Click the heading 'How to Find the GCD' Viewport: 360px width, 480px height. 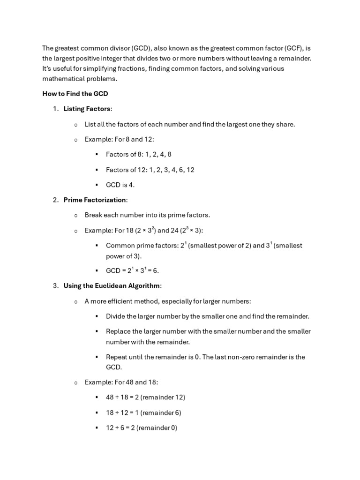pos(75,94)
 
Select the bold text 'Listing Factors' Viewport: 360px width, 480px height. pos(87,109)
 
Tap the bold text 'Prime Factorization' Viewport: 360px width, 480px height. pos(95,200)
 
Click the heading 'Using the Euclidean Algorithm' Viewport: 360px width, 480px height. pos(112,285)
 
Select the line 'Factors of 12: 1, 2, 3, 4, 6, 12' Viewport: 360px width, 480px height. pos(150,170)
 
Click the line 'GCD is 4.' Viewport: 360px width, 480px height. pos(120,185)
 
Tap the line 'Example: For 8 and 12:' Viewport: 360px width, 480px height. pos(119,139)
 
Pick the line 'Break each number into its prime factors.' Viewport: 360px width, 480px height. pos(147,215)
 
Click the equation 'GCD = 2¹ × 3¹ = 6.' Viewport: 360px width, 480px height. pos(132,270)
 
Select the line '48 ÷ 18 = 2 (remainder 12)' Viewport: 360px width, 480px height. pos(145,397)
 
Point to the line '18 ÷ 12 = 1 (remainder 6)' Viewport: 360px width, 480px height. pos(143,412)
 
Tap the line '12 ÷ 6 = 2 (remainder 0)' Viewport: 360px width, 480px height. pos(142,428)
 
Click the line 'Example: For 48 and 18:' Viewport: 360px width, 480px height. pos(121,382)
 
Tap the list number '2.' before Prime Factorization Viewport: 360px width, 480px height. pos(55,200)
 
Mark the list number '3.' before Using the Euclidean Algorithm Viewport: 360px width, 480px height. pos(55,285)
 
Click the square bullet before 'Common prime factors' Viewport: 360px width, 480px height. pos(97,246)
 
